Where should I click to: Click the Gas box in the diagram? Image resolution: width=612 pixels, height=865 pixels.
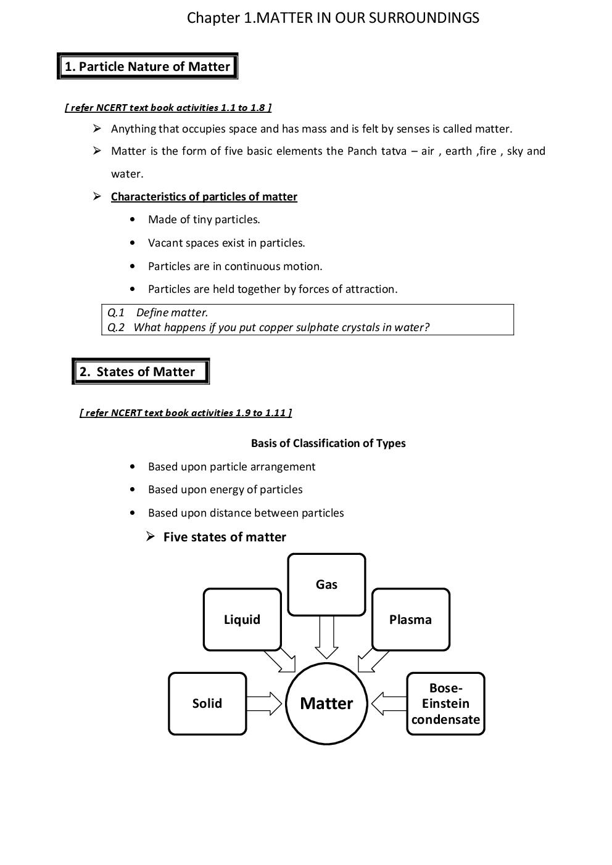click(x=326, y=584)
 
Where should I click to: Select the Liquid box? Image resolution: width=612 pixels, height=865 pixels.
click(x=242, y=620)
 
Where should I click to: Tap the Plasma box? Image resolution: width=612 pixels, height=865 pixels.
click(x=410, y=620)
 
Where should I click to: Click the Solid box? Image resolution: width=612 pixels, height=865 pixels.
click(x=207, y=703)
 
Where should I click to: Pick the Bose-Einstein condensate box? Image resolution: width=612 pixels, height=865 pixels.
click(x=445, y=703)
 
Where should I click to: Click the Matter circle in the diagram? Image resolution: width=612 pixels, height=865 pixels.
click(x=326, y=703)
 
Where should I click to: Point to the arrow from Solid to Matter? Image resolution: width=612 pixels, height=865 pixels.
click(x=265, y=703)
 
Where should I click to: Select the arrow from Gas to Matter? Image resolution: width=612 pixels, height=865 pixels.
click(x=326, y=637)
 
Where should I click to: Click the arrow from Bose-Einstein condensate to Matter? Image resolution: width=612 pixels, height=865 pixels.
click(x=389, y=703)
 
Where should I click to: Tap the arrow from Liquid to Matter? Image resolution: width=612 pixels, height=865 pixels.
click(x=280, y=660)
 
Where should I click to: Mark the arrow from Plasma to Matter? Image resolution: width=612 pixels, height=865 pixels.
click(x=373, y=660)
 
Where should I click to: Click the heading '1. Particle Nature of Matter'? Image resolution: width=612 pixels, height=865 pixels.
click(x=147, y=67)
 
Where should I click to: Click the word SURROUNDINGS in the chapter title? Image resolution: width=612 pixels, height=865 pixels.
click(x=424, y=18)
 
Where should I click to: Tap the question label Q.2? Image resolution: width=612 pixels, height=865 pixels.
click(x=115, y=327)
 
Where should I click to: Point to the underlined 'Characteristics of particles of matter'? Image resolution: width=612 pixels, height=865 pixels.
click(x=204, y=197)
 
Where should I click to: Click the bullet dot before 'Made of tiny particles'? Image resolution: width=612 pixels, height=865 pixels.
click(x=133, y=220)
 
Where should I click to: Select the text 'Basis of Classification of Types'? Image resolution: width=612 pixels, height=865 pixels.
click(x=328, y=443)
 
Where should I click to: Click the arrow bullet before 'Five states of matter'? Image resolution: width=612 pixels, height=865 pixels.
click(x=150, y=537)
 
